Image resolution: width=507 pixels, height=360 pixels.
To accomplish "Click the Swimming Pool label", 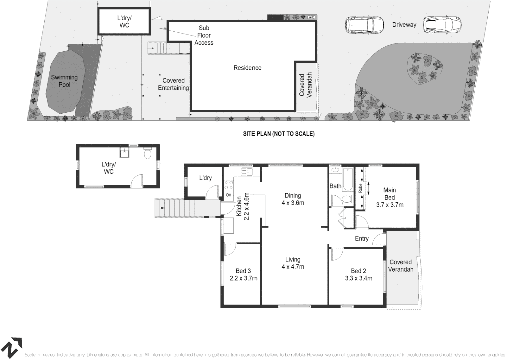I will (64, 81).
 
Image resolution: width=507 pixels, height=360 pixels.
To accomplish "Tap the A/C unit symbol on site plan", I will (311, 17).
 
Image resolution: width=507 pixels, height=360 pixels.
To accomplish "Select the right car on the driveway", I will (443, 24).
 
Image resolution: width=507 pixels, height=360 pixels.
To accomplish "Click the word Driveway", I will (404, 25).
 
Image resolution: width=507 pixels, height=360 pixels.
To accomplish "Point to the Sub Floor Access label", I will (204, 35).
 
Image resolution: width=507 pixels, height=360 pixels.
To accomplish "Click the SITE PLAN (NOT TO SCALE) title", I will (279, 134).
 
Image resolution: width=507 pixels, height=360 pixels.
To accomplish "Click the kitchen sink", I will (247, 172).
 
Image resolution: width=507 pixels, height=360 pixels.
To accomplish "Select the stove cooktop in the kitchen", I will (229, 185).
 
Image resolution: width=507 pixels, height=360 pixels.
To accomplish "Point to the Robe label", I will (360, 189).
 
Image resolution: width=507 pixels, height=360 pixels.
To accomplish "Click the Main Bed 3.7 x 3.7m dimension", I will (390, 205).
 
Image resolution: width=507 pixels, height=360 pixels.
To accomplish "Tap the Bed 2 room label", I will (359, 271).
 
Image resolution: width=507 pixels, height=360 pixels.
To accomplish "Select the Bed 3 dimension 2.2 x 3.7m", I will (243, 278).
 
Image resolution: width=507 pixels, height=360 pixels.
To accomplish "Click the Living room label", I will (293, 259).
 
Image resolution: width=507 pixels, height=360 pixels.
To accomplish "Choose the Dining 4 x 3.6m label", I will (293, 199).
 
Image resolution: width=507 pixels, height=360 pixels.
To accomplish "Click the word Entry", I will (362, 239).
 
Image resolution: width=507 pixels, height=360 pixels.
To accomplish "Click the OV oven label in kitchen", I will (229, 195).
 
